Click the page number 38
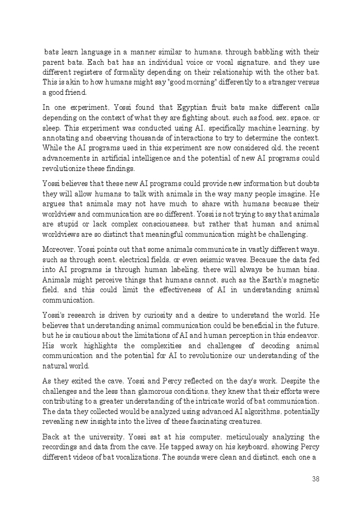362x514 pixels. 315,479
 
